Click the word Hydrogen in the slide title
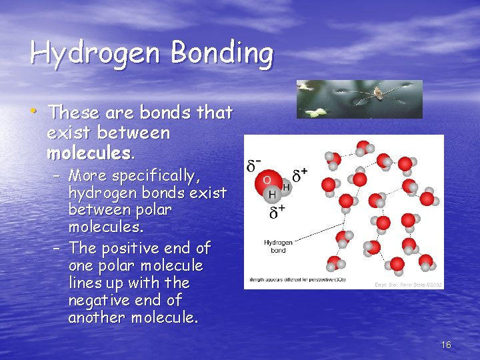point(93,53)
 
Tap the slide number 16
point(446,345)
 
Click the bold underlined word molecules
point(89,153)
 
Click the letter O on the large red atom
point(267,179)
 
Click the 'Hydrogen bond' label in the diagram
point(278,247)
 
